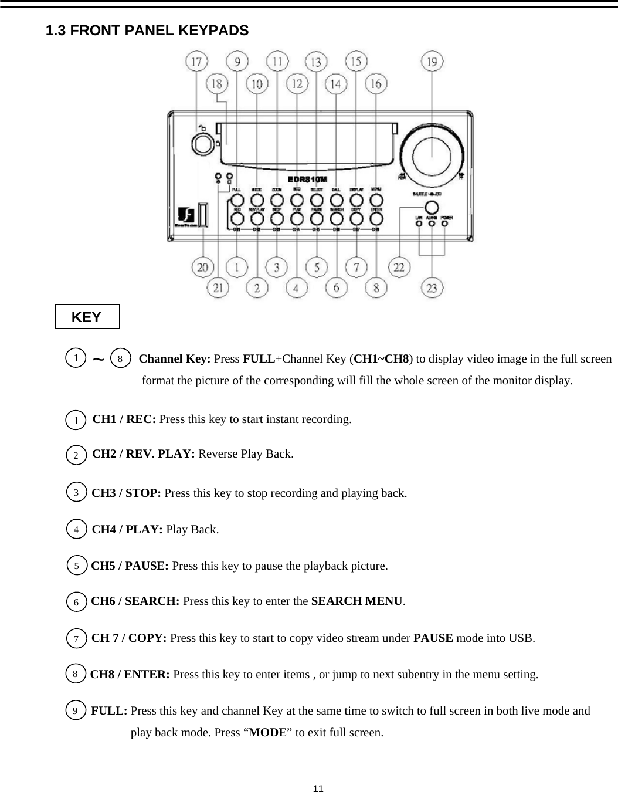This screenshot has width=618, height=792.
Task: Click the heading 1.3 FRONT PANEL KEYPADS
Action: tap(147, 31)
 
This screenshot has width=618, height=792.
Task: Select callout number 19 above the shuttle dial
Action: tap(432, 61)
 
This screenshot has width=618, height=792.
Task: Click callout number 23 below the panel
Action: tap(432, 288)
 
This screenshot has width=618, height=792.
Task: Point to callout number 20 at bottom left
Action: tap(203, 268)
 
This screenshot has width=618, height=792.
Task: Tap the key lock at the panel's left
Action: tap(202, 144)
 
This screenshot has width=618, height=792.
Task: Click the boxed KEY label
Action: tap(87, 317)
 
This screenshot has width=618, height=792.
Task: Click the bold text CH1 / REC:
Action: tap(124, 419)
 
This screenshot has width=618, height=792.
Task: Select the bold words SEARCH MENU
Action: tap(356, 601)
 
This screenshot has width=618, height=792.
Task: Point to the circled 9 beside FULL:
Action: tap(75, 711)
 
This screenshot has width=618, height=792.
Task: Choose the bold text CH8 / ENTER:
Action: tap(130, 675)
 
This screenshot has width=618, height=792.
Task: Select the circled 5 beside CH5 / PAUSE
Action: tap(76, 566)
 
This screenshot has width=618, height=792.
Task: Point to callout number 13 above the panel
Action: tap(316, 61)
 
